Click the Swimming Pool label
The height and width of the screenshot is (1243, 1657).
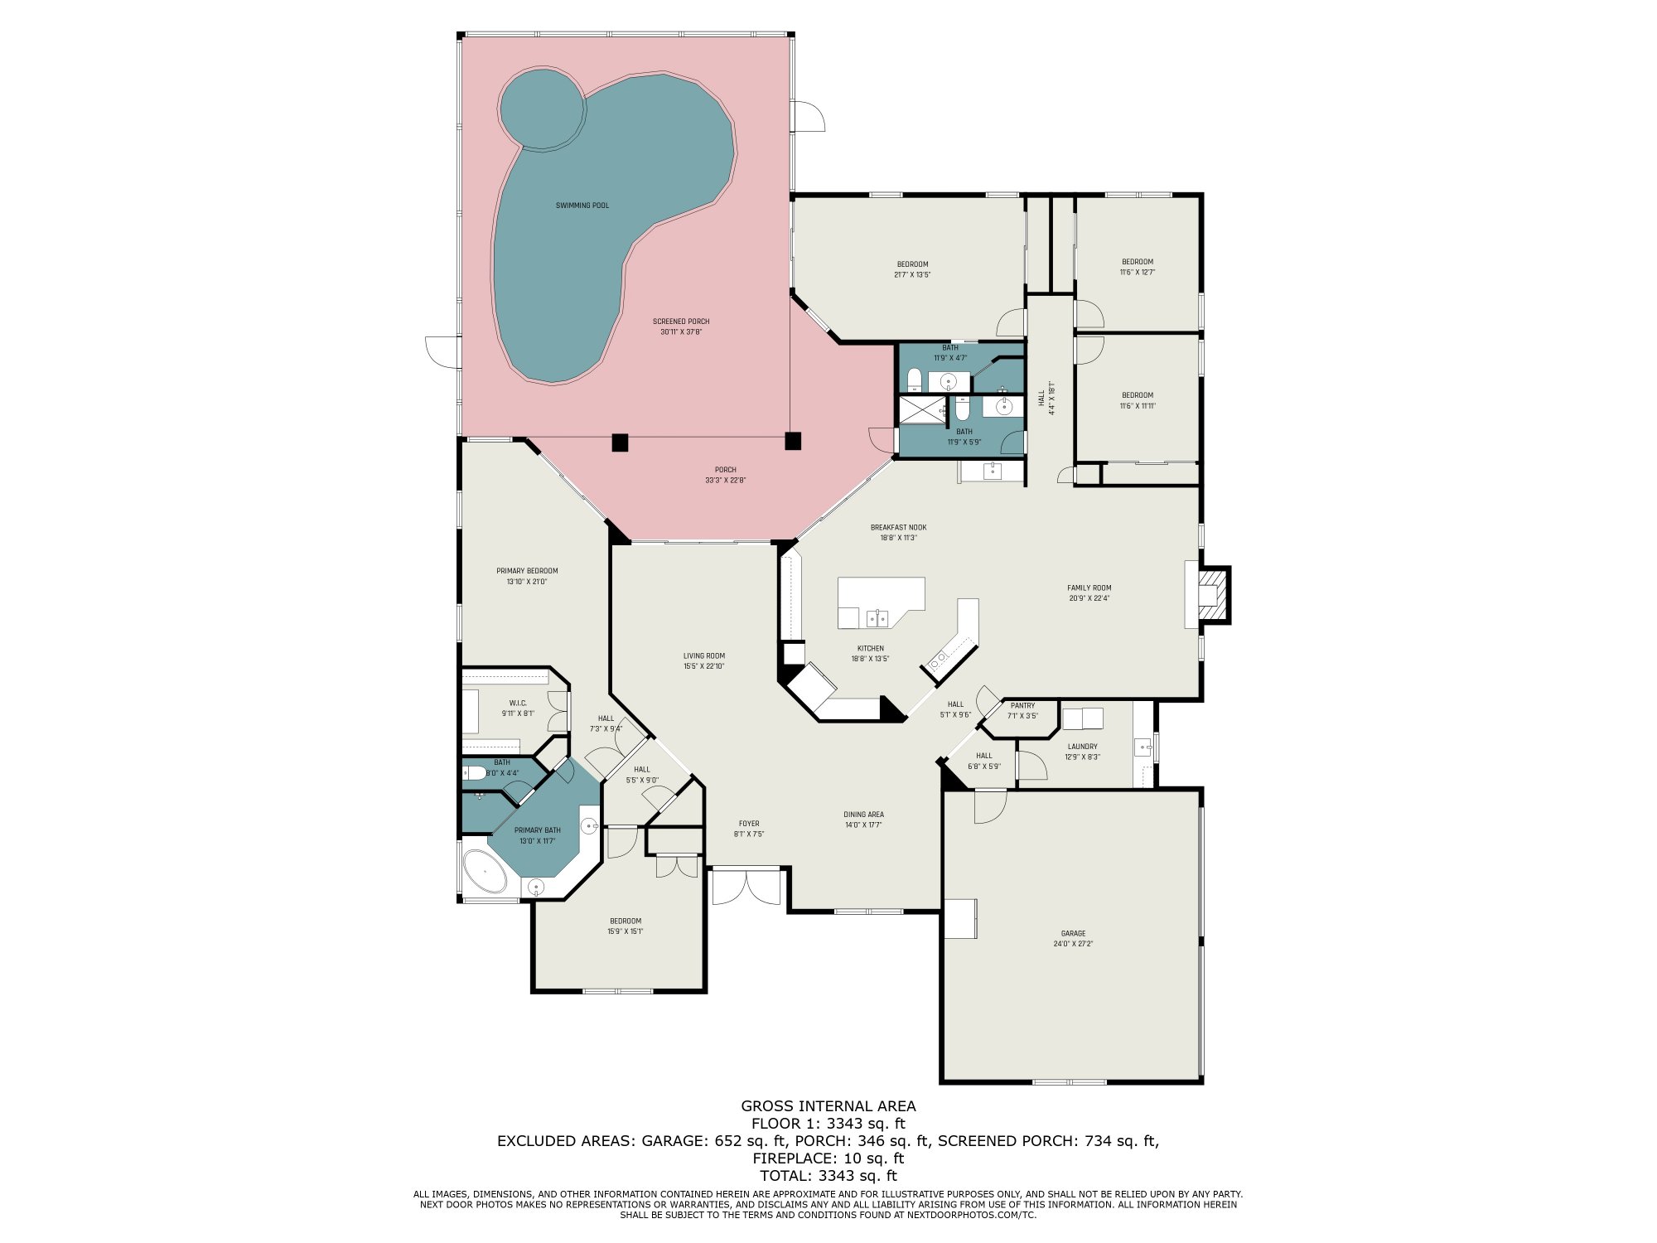[582, 206]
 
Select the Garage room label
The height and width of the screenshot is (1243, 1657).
[1073, 933]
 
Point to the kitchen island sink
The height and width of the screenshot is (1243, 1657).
[877, 617]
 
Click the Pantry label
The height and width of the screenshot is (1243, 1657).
[1022, 705]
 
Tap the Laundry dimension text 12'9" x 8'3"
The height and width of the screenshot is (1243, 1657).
[1082, 757]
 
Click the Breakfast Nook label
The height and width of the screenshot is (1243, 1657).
[898, 527]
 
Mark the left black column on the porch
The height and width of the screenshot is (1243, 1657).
[620, 443]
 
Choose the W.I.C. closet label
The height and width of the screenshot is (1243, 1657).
[518, 703]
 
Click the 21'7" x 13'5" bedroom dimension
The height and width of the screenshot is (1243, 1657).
[912, 274]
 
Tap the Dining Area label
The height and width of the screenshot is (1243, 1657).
[863, 815]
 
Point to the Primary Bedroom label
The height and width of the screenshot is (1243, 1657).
[527, 571]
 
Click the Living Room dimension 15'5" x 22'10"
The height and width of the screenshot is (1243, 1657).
[703, 666]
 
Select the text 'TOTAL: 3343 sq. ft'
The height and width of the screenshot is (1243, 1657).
[828, 1175]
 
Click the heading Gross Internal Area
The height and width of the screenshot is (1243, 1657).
[828, 1105]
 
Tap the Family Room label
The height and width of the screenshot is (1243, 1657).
[1089, 588]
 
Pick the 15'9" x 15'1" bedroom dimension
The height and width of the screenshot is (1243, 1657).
[625, 931]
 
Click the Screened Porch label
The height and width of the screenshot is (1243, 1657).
[681, 322]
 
